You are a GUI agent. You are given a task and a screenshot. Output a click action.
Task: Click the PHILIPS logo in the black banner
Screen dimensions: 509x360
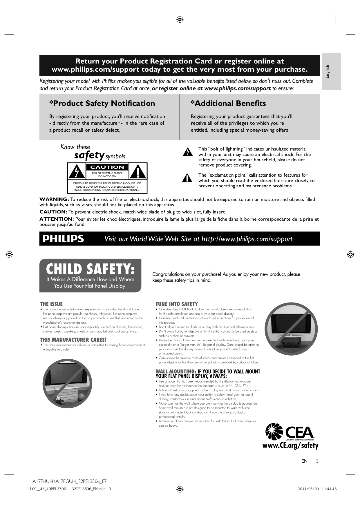63,239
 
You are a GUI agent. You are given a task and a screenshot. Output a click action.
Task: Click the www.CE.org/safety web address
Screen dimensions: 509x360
290,445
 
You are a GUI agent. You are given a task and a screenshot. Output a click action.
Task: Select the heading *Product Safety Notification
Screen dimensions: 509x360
102,104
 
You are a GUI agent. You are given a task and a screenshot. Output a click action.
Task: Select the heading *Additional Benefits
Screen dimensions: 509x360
228,104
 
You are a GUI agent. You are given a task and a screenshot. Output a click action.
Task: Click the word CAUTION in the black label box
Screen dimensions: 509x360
107,167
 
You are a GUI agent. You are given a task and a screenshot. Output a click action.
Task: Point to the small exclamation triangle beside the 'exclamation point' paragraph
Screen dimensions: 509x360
187,178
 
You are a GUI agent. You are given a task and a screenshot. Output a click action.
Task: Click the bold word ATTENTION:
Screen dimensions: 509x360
57,219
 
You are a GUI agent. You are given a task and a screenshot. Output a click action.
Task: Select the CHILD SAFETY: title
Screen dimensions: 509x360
90,269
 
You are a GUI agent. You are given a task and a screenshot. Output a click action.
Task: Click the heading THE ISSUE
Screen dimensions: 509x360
51,304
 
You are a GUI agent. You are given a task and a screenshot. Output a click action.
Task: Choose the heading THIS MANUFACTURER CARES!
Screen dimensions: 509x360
73,340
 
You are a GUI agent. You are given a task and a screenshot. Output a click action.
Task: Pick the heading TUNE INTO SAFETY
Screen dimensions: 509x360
177,304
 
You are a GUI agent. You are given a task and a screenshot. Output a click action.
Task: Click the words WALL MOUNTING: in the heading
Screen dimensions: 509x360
176,372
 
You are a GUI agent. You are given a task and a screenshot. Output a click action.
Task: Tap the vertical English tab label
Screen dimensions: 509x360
328,71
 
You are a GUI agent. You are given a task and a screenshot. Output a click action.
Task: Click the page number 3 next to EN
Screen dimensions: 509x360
317,461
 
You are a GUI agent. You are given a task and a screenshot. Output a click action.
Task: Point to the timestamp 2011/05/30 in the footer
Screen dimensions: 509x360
308,489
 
